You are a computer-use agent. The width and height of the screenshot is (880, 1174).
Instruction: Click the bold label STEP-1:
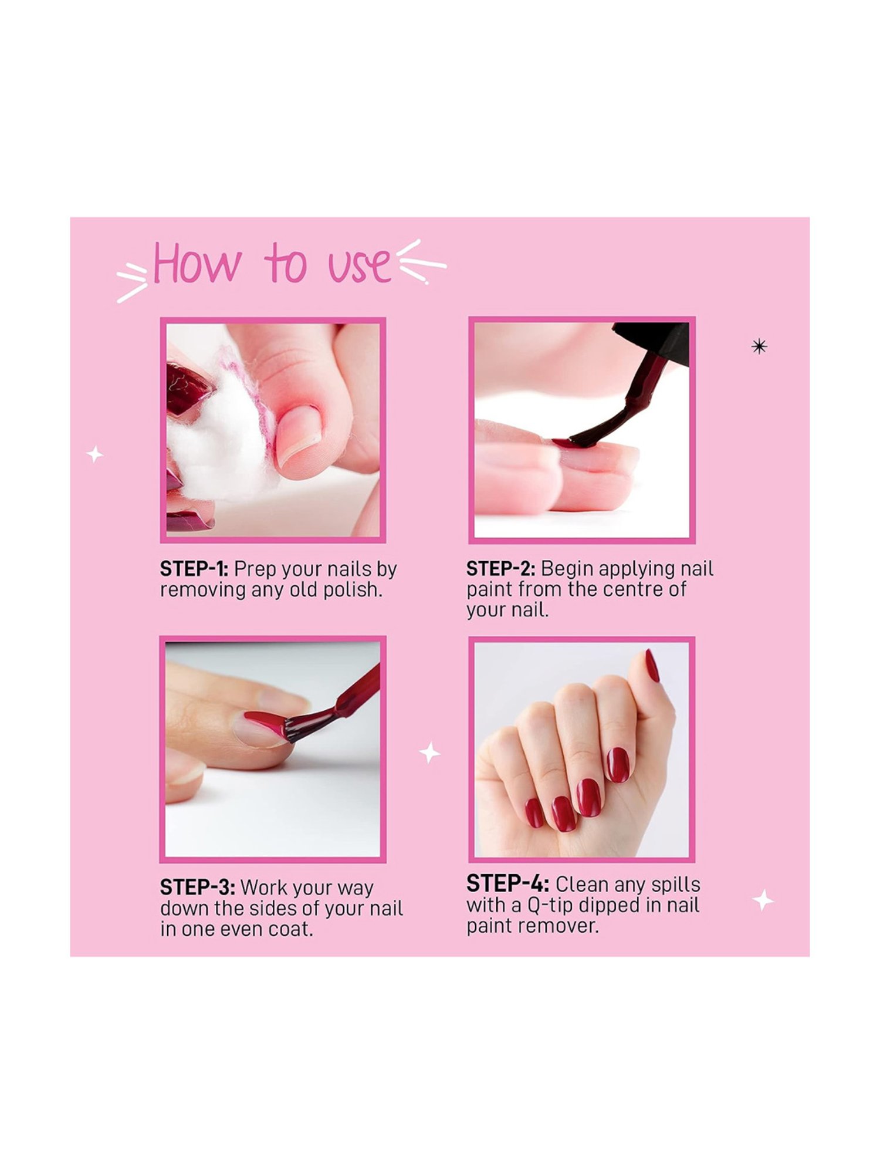pyautogui.click(x=194, y=569)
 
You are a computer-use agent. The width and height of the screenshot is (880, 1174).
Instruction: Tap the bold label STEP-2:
pyautogui.click(x=500, y=569)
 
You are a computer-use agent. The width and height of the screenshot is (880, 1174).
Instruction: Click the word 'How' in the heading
pyautogui.click(x=197, y=264)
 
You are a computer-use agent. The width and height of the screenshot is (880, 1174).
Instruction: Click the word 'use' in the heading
pyautogui.click(x=359, y=265)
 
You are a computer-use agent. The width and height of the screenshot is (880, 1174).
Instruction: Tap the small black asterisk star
pyautogui.click(x=759, y=347)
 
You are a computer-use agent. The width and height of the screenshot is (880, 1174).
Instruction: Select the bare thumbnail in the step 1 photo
pyautogui.click(x=299, y=434)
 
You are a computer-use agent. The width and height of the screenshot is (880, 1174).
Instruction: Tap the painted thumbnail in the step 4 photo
pyautogui.click(x=652, y=667)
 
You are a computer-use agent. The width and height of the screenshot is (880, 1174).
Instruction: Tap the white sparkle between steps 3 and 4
pyautogui.click(x=429, y=753)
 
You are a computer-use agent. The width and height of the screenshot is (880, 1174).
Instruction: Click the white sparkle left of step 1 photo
pyautogui.click(x=95, y=454)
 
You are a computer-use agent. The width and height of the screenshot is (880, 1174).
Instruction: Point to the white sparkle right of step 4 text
pyautogui.click(x=763, y=900)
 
